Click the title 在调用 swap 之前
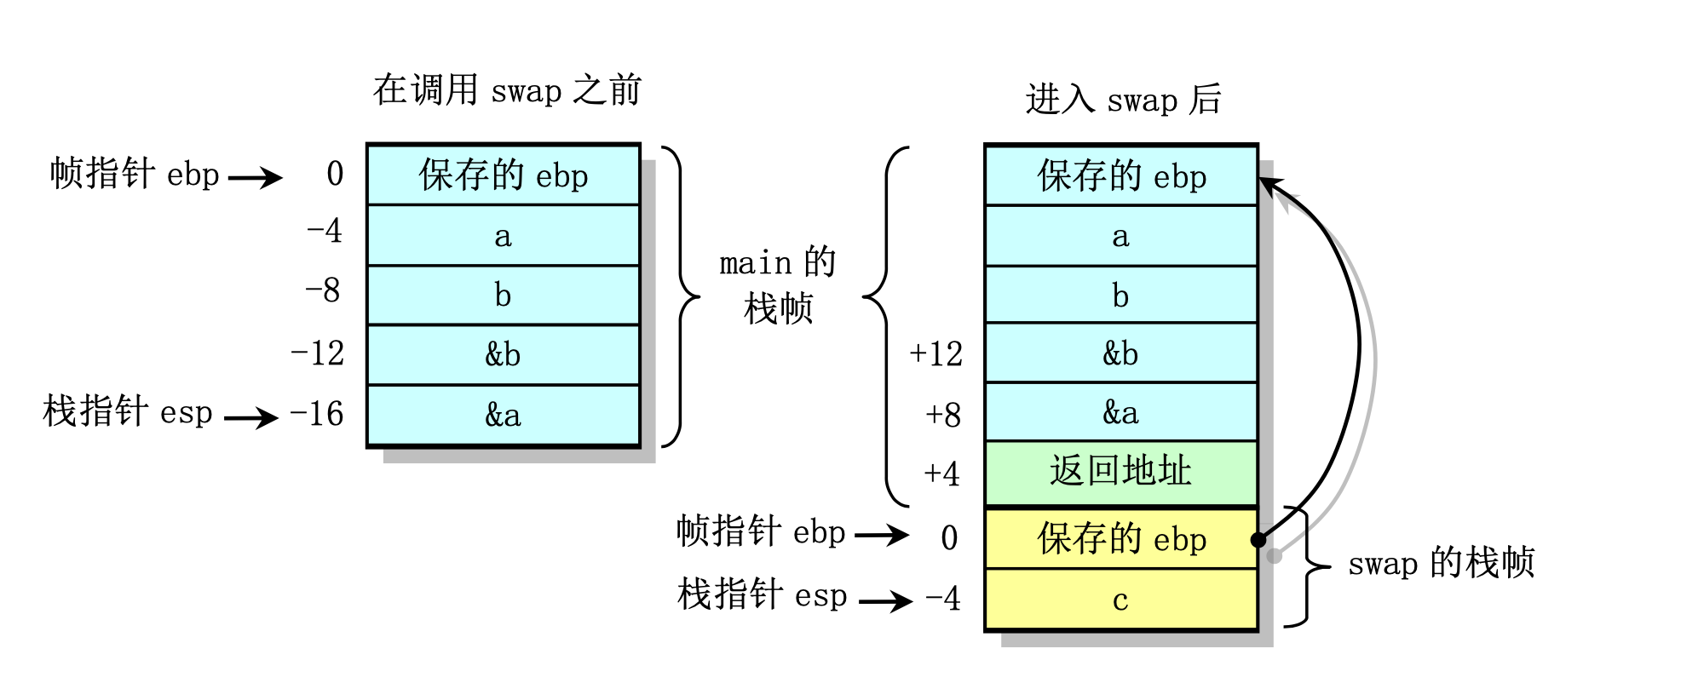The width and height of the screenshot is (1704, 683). pos(507,90)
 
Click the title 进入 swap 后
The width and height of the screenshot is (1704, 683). pos(1123,100)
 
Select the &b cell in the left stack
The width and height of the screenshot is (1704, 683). pos(503,354)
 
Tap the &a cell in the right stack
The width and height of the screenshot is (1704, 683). pos(1120,412)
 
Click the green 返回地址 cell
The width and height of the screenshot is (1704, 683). pos(1120,472)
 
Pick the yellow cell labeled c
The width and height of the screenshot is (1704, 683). pos(1120,600)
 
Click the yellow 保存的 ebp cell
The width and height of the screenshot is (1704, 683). pos(1120,539)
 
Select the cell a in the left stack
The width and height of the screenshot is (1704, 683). pos(503,236)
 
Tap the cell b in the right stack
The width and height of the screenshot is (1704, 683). pos(1120,296)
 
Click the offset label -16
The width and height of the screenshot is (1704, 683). pos(317,415)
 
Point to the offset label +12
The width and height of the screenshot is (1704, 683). pos(935,354)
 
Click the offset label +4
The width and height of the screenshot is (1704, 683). pos(941,474)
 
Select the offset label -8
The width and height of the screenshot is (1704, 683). pos(323,291)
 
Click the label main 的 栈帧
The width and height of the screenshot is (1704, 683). pos(778,286)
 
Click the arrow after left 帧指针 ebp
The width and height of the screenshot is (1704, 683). pos(255,178)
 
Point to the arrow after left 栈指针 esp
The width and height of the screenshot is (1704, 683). pos(251,417)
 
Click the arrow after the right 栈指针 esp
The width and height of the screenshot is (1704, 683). pos(885,601)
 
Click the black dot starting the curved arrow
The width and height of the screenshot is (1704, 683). pos(1258,540)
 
